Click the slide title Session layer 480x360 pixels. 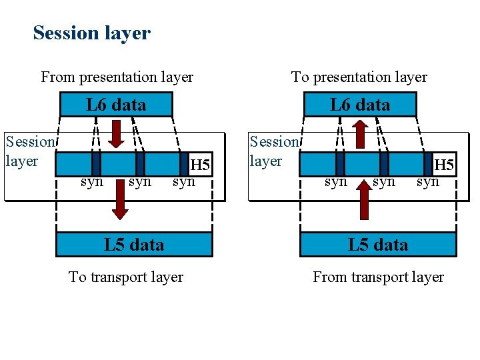coord(92,33)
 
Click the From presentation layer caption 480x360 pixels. coord(117,77)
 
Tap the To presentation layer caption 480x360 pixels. coord(359,77)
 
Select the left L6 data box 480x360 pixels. coord(116,105)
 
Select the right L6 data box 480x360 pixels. coord(360,105)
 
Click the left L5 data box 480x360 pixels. coord(134,245)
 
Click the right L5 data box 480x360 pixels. coord(378,245)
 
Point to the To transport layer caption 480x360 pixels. coord(126,277)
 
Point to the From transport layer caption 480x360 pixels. coord(378,277)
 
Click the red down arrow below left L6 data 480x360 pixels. coord(116,133)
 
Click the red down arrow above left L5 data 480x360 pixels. coord(119,203)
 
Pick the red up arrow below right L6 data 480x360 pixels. coord(360,133)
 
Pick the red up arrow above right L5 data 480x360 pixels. coord(364,200)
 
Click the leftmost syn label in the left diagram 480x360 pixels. coord(91,181)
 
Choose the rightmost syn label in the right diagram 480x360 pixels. coord(428,181)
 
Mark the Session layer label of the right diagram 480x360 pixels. coord(273,151)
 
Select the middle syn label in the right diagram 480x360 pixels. coord(383,181)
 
